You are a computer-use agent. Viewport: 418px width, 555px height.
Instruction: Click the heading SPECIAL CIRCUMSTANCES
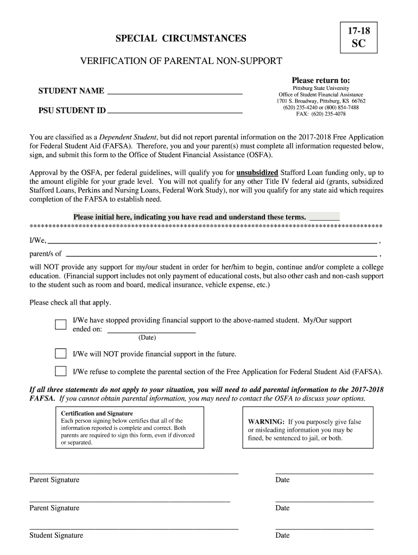click(x=181, y=38)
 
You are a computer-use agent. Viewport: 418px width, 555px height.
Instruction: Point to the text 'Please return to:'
click(x=321, y=80)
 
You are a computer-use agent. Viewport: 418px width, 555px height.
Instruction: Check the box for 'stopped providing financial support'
click(x=60, y=325)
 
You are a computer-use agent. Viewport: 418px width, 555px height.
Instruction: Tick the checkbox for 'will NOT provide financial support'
click(x=60, y=354)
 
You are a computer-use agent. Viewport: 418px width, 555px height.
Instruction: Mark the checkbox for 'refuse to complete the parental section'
click(x=60, y=372)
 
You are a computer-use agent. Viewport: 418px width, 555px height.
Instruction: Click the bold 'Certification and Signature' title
click(x=97, y=414)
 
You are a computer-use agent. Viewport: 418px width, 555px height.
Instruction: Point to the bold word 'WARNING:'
click(x=266, y=422)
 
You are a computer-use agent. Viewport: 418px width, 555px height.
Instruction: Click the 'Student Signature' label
click(x=56, y=535)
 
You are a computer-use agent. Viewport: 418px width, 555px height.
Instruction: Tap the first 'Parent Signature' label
click(x=54, y=480)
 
